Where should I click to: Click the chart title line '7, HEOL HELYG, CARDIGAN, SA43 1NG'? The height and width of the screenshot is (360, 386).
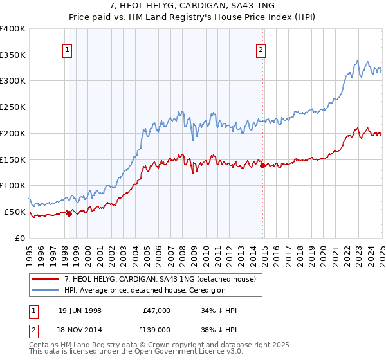pos(193,6)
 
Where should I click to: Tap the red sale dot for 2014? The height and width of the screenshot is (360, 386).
pos(262,165)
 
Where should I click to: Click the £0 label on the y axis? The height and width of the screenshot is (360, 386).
pos(19,238)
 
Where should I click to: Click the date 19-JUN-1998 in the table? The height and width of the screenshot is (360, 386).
pos(80,310)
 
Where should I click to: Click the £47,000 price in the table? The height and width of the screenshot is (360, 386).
pos(155,310)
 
